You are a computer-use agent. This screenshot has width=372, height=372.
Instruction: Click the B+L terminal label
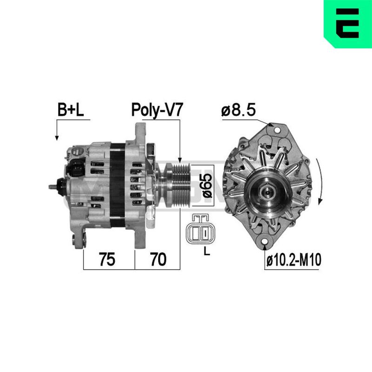[71, 110]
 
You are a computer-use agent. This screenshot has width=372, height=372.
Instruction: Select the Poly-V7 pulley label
[157, 110]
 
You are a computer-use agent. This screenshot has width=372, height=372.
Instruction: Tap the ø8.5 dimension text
[239, 110]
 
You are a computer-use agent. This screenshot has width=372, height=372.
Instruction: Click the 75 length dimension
[107, 259]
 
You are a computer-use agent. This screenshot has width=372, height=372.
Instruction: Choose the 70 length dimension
[158, 259]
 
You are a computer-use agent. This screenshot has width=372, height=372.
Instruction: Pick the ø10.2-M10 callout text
[294, 260]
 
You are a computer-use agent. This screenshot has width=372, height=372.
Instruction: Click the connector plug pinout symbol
[198, 229]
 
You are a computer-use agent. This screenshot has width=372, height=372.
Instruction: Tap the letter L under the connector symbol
[207, 252]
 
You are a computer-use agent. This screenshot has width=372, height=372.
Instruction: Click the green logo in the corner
[348, 24]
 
